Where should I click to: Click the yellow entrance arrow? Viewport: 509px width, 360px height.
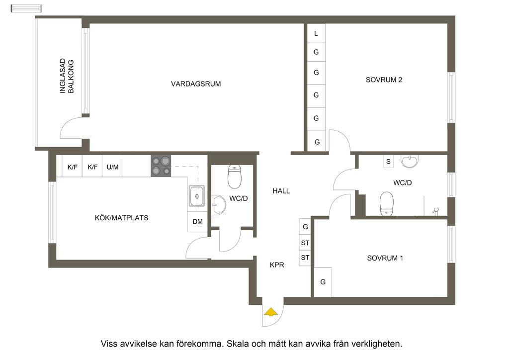point(270,312)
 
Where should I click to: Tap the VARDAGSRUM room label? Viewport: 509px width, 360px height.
point(196,84)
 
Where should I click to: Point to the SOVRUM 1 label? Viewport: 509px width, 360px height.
point(385,258)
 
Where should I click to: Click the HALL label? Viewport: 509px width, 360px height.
point(281,191)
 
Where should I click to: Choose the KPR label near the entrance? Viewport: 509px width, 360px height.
point(277,265)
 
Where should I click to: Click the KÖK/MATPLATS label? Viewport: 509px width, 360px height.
point(122,218)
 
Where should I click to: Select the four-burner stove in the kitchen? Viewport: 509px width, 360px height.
point(161,166)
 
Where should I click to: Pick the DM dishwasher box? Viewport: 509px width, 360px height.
point(197,222)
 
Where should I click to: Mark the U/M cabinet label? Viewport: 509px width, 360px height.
point(112,167)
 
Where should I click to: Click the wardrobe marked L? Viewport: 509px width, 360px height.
point(316,34)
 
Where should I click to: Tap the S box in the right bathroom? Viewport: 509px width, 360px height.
point(388,162)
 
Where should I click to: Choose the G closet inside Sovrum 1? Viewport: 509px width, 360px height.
point(323,282)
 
